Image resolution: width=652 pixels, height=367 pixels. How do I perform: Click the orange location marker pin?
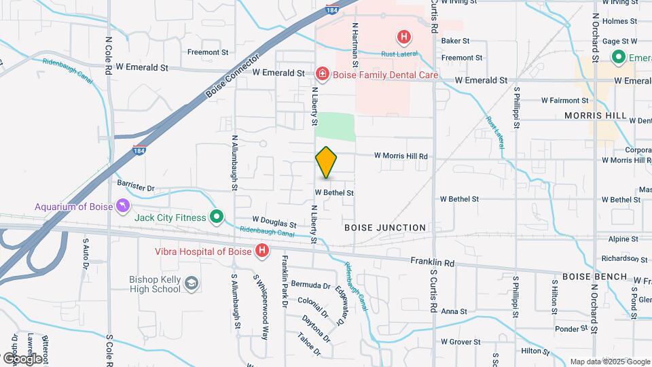[326, 162]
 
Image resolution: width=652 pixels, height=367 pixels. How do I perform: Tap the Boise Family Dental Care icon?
[322, 73]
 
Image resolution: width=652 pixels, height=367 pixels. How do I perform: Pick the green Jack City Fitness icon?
[217, 217]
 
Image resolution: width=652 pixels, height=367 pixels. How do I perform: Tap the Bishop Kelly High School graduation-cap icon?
[192, 283]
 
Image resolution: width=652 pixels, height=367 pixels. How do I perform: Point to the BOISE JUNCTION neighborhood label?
[385, 228]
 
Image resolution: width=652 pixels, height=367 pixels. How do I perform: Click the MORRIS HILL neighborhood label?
[596, 116]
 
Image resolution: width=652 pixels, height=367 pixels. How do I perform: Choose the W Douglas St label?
[274, 222]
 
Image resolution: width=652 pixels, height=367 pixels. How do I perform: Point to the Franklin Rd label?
[433, 262]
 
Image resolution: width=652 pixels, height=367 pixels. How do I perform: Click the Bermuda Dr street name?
[310, 285]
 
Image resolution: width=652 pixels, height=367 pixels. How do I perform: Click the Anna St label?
[454, 311]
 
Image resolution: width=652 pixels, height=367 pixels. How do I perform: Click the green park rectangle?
[336, 126]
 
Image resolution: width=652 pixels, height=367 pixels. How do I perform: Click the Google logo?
[22, 358]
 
